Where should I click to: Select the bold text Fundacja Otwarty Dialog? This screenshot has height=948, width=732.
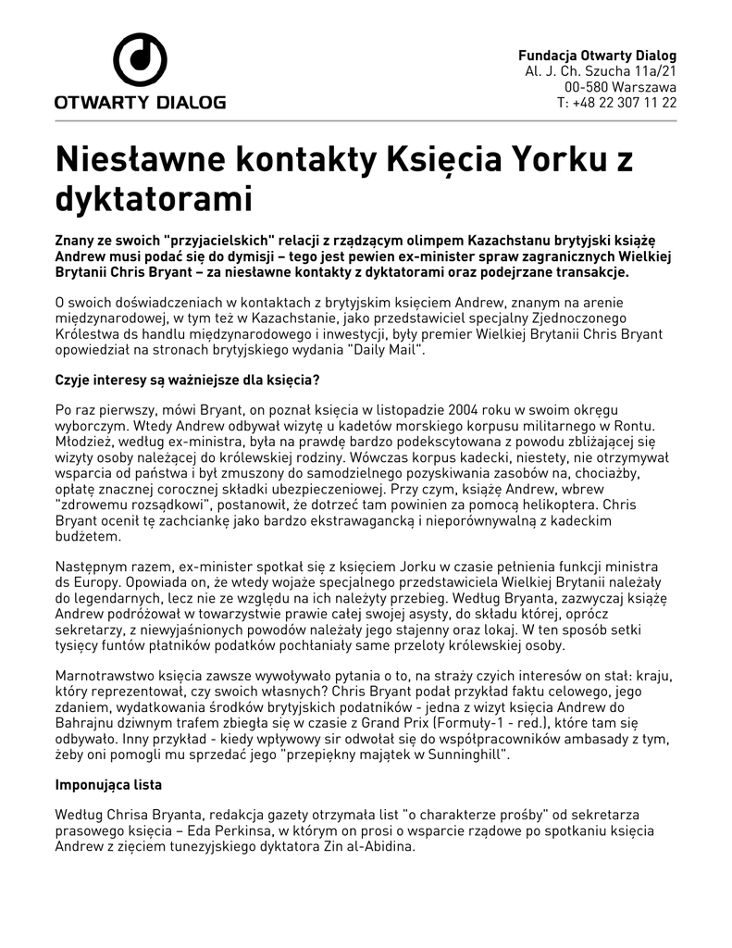point(597,55)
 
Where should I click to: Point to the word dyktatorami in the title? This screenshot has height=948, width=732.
point(154,197)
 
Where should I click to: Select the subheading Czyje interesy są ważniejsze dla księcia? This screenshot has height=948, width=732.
point(188,380)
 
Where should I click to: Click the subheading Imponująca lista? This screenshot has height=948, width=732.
point(108,785)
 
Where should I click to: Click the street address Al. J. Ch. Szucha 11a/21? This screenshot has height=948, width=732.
point(601,71)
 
